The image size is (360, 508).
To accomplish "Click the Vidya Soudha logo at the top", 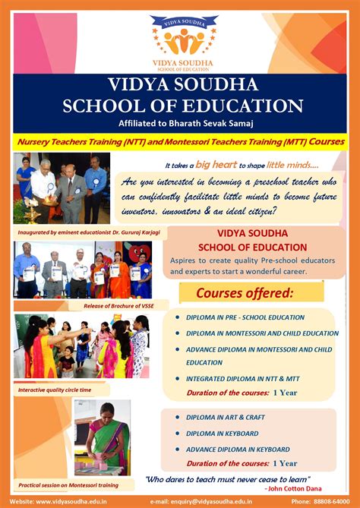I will point(180,36).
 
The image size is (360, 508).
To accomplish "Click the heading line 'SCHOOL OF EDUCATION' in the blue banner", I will point(180,106).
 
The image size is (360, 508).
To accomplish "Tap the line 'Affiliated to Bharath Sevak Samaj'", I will point(180,124).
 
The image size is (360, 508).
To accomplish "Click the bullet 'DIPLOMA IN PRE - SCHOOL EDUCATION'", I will point(245,317).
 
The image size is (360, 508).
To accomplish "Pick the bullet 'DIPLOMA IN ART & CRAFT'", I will point(225,418).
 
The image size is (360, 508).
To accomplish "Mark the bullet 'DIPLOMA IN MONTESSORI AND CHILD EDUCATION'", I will point(262,333).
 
